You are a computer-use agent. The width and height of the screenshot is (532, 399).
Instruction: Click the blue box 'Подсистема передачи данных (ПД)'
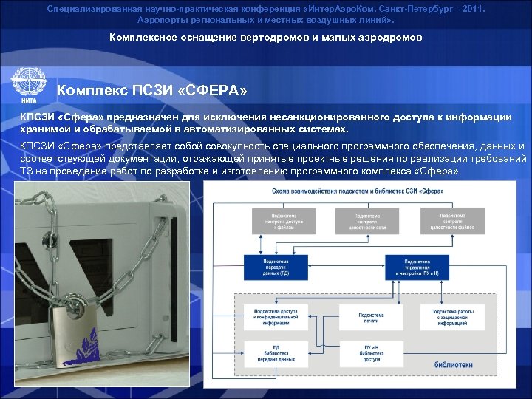(275, 266)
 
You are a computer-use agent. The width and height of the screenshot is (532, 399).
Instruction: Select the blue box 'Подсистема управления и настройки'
(416, 266)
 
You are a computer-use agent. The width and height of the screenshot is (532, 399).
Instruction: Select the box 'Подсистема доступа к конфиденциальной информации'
(275, 317)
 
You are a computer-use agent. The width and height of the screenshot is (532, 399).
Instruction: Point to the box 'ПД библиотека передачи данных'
(275, 353)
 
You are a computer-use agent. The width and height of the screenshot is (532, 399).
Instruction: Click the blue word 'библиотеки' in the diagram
(454, 364)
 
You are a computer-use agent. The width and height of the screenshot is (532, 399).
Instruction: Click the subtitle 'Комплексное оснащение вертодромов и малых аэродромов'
(266, 36)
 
